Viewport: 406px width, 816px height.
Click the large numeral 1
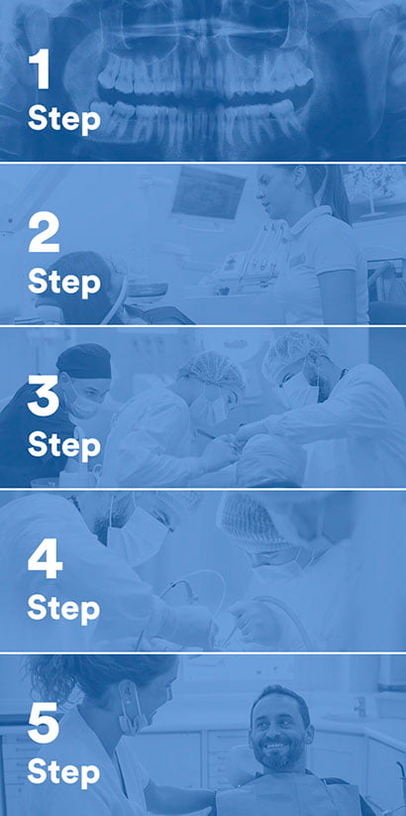tap(40, 71)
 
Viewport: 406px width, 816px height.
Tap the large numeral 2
tap(46, 237)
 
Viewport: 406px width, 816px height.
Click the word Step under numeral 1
tap(63, 119)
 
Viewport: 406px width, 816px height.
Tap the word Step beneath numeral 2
tap(63, 283)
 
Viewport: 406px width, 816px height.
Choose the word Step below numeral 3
tap(63, 445)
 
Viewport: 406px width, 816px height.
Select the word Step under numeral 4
tap(63, 606)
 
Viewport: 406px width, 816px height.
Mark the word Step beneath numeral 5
tap(63, 770)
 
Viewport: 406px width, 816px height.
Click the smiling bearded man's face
tap(280, 732)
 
